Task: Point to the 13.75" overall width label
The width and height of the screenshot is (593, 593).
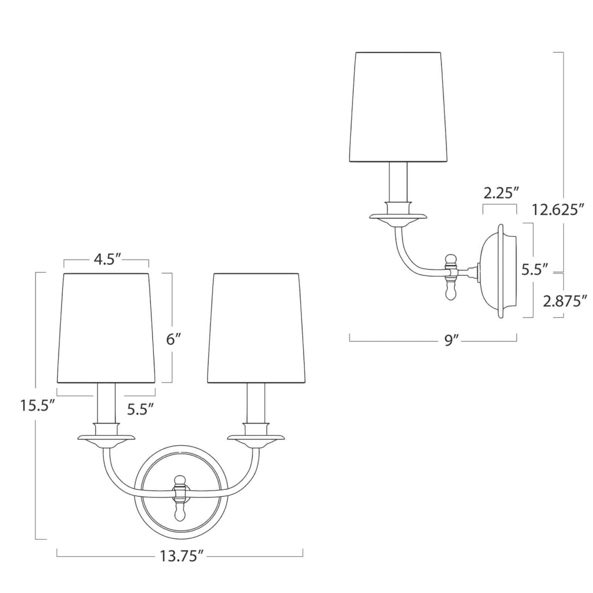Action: coord(181,557)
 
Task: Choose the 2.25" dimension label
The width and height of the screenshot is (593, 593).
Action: coord(500,193)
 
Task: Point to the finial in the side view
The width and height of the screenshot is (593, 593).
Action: coord(450,278)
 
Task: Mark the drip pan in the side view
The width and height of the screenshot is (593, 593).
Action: coord(398,217)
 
